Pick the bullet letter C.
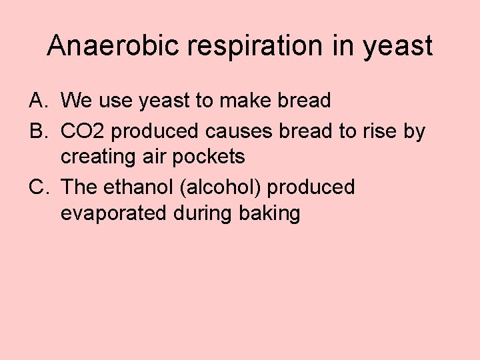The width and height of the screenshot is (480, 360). click(37, 188)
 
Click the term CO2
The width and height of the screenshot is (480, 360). click(83, 132)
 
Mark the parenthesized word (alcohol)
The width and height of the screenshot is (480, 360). click(222, 188)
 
